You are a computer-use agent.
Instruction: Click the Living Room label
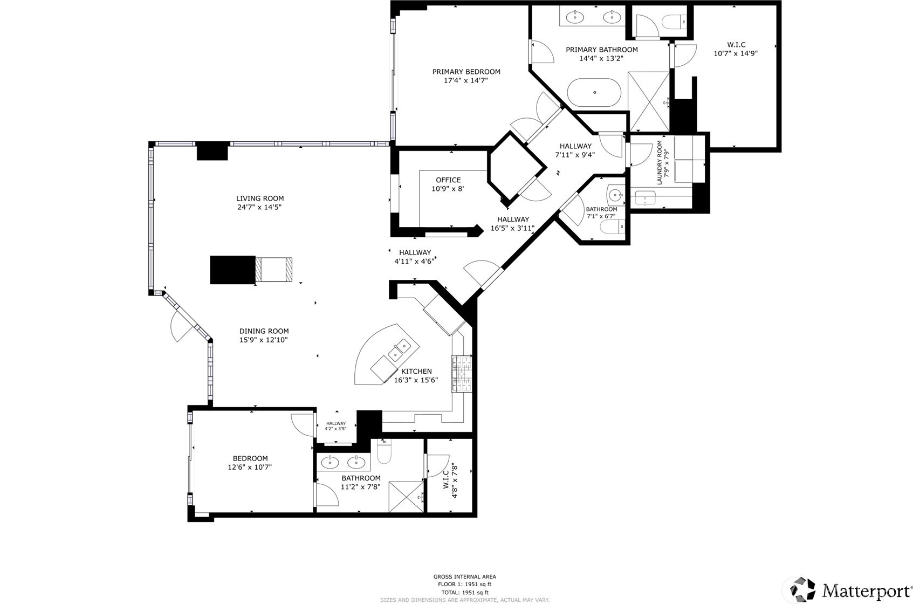(260, 198)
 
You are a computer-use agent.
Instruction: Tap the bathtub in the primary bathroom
(594, 92)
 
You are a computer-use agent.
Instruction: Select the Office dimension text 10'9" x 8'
(448, 189)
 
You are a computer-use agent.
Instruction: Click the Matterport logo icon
(803, 589)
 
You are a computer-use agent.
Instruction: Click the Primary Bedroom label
(466, 72)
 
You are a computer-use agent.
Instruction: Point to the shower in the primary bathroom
(649, 101)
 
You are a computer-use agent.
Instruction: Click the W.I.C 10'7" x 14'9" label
(736, 45)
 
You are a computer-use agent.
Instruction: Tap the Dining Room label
(264, 331)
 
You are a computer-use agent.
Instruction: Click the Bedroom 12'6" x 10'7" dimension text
(250, 468)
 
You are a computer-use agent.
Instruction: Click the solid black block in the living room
(232, 270)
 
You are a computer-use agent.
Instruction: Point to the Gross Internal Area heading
(464, 576)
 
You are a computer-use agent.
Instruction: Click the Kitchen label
(416, 371)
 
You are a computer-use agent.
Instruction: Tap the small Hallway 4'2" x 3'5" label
(335, 423)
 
